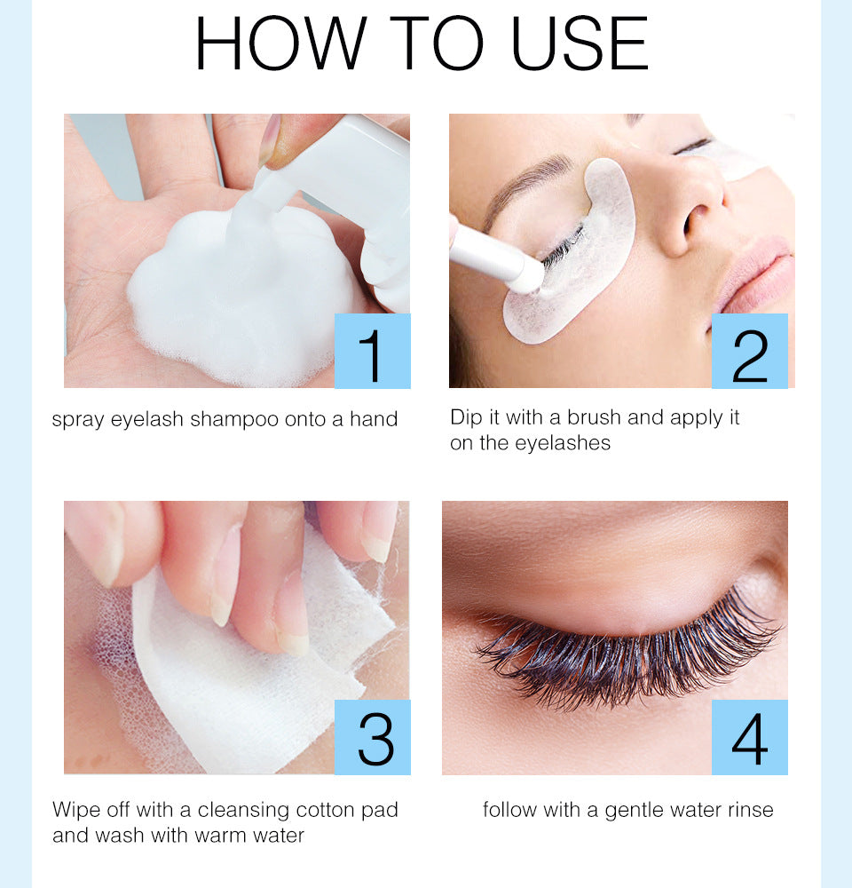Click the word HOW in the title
pos(280,44)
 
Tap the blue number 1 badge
pos(373,351)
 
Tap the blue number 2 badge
pos(750,351)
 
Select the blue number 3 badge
pos(373,737)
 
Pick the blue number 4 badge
pos(750,737)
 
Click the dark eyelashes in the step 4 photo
pos(621,657)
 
